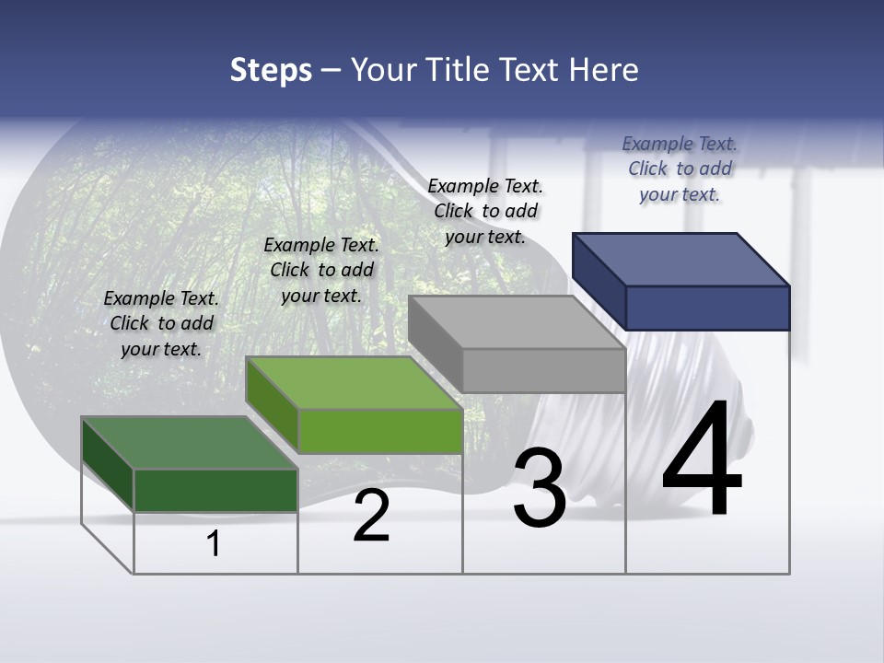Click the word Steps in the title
(271, 70)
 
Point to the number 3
(540, 488)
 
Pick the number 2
(371, 516)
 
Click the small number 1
(214, 543)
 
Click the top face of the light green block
(354, 382)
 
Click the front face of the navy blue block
(707, 308)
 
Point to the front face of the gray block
(543, 370)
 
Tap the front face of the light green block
(380, 431)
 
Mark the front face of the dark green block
(215, 490)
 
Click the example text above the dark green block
(161, 323)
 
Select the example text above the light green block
(321, 270)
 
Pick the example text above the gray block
(485, 211)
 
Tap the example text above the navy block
(680, 169)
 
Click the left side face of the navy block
(599, 281)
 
